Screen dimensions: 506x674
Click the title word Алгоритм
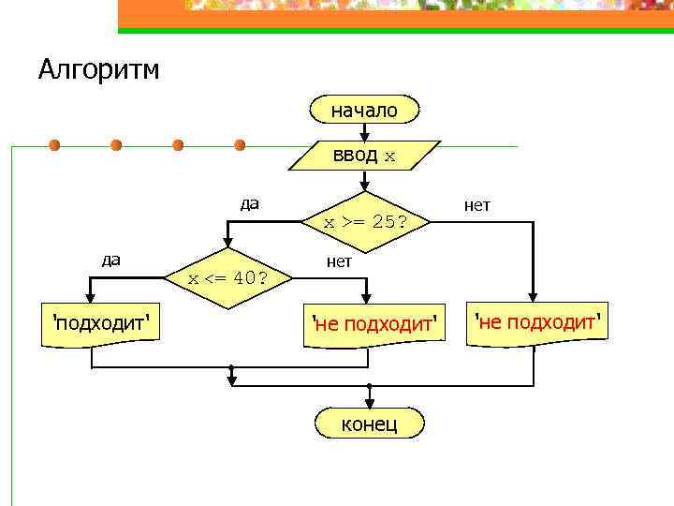(x=99, y=69)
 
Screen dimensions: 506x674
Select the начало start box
(x=364, y=110)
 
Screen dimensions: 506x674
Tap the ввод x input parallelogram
(x=364, y=156)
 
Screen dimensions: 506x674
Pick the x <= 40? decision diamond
(x=227, y=278)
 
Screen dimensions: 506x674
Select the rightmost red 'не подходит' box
(x=535, y=324)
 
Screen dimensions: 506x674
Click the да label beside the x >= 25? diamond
(x=249, y=203)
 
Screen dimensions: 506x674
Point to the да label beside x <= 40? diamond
(x=110, y=260)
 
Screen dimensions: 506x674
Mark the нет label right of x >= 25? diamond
(x=477, y=204)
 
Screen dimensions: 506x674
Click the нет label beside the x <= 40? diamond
(x=339, y=261)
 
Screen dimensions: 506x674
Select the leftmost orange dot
(x=55, y=145)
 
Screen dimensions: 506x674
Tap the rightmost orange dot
(x=240, y=145)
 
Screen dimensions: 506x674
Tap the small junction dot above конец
(x=369, y=385)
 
